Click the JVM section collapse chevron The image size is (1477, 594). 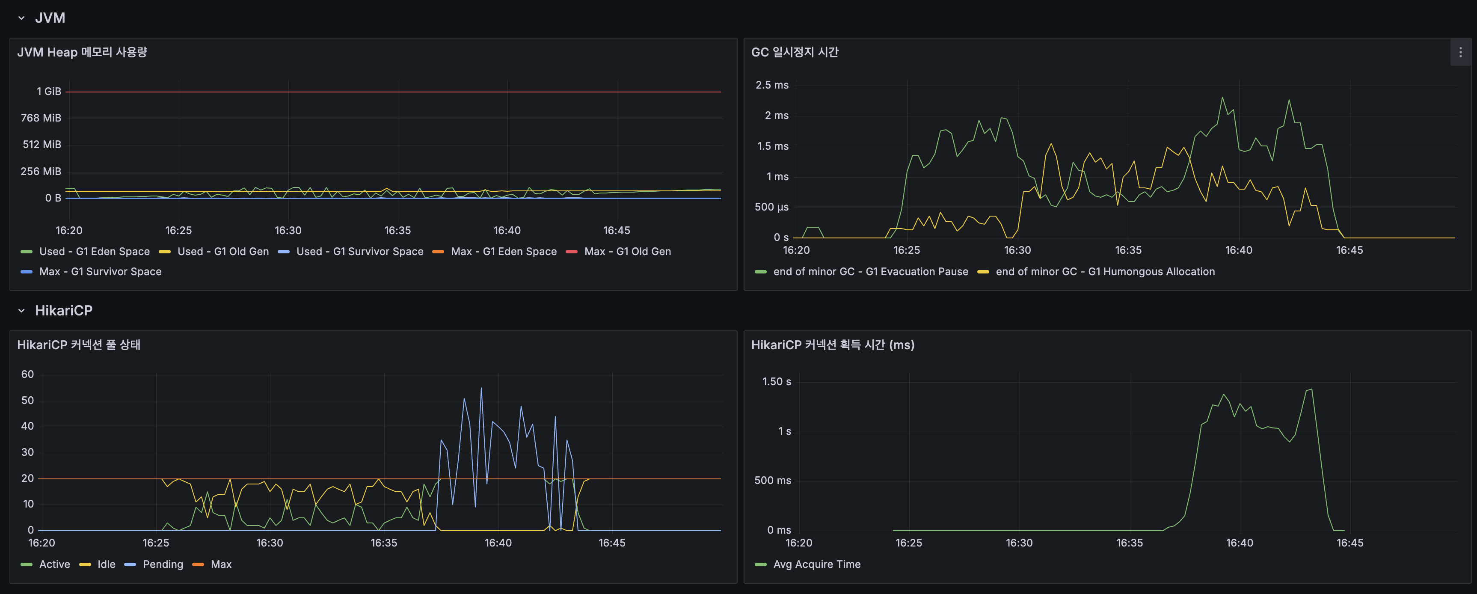(21, 18)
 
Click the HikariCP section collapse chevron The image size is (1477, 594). (21, 310)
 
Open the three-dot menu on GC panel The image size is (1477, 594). (1460, 52)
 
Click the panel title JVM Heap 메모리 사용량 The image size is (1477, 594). (82, 52)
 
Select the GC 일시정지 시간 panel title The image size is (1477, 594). (794, 52)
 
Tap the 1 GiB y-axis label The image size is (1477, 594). (49, 91)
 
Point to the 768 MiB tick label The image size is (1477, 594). (41, 118)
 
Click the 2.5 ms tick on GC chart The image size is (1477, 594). (772, 85)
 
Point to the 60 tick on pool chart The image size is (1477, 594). (27, 374)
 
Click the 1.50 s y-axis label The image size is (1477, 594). (776, 381)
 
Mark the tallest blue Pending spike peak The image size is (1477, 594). (481, 388)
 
